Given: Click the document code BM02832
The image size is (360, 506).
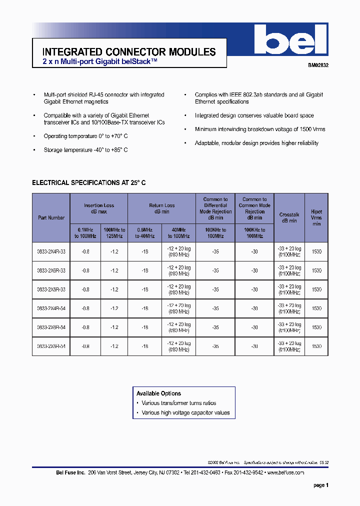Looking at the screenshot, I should [317, 65].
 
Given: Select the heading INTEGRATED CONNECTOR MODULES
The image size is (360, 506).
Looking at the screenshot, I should [129, 52].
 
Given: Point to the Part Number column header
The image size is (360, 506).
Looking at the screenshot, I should [51, 218].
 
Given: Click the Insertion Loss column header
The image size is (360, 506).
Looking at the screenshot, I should [99, 208].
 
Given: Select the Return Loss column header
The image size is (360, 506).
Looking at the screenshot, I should [162, 208].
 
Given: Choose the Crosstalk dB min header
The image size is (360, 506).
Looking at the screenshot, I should [289, 217].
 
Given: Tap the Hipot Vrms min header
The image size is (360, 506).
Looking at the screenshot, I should [316, 218].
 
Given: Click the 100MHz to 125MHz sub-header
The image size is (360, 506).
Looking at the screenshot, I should [114, 233].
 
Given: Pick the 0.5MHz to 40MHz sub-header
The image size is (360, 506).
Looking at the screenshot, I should [145, 233].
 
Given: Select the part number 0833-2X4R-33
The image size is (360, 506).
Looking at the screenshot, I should [51, 251].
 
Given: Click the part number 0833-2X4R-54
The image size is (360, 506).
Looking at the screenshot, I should [51, 308].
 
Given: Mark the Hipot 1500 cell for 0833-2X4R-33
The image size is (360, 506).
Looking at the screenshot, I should [316, 251].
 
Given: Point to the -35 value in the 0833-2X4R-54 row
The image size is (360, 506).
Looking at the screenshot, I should [215, 308].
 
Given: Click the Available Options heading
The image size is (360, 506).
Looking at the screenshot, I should [159, 393].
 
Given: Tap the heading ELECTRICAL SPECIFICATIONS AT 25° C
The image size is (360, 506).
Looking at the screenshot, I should [89, 183].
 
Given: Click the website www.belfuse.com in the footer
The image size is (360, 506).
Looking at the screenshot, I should [285, 472].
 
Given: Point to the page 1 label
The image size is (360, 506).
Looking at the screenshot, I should [321, 485].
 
